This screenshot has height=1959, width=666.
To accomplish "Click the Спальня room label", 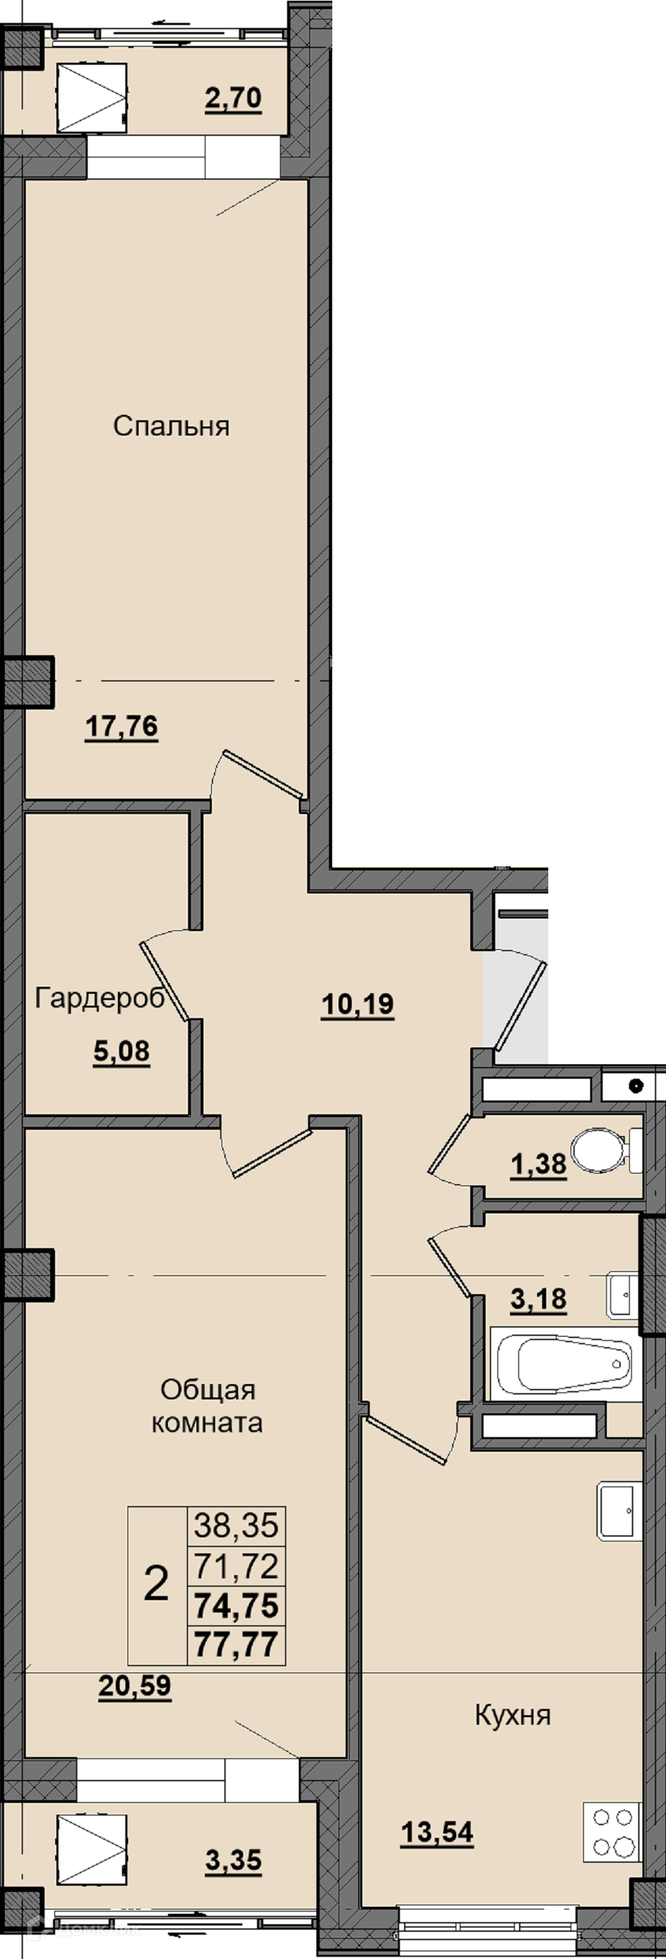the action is click(171, 427).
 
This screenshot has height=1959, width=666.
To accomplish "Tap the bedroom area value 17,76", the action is click(122, 727).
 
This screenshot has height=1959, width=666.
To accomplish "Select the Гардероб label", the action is click(100, 999).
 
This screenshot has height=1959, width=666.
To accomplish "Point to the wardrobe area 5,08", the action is click(122, 1052).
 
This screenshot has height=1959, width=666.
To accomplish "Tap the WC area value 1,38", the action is click(539, 1165).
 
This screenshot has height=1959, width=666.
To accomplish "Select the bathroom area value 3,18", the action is click(539, 1300).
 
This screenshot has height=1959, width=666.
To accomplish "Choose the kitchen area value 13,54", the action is click(437, 1834).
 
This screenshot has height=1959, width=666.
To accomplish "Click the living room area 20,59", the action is click(134, 1687).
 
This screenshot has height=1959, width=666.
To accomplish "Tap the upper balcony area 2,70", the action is click(233, 99).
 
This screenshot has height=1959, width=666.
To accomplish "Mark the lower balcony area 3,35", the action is click(233, 1861).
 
